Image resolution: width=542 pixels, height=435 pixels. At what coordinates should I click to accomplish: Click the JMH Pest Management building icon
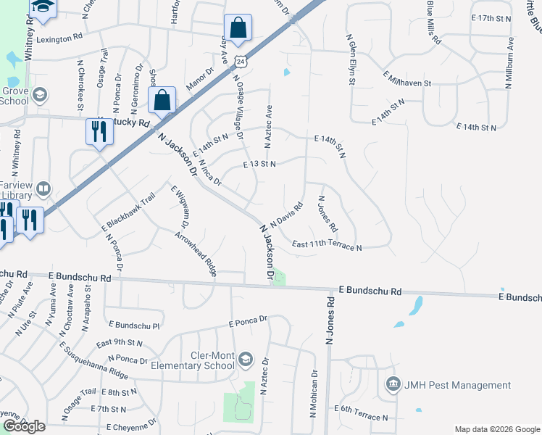(393, 384)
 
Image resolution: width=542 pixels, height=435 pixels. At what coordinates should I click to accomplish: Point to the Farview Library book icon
(44, 189)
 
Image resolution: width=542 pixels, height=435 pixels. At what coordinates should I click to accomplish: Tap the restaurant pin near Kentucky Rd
(97, 131)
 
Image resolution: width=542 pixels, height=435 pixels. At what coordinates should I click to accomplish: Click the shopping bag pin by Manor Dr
(162, 100)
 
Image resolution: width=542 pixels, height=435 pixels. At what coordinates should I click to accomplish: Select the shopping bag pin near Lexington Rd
(237, 28)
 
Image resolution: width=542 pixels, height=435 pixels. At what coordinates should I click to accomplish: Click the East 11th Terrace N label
(327, 246)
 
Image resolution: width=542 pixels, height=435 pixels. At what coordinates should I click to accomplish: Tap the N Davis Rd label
(285, 213)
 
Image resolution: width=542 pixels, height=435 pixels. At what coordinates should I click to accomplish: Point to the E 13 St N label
(260, 165)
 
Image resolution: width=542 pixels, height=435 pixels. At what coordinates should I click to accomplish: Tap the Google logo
(24, 426)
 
